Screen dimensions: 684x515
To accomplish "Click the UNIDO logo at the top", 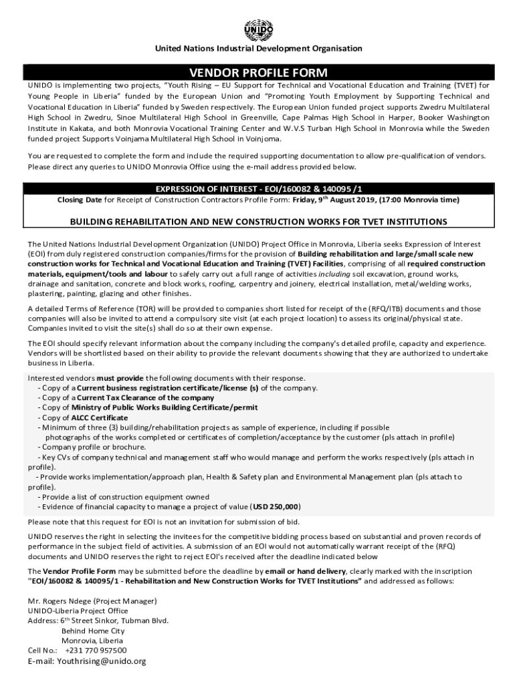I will tap(258, 29).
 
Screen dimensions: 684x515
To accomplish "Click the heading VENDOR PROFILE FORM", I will tap(258, 72).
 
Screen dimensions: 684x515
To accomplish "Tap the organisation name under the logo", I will tap(258, 49).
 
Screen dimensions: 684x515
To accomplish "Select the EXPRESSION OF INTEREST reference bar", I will tap(258, 188).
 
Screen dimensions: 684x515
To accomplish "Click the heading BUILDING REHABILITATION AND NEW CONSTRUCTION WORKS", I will tap(258, 222).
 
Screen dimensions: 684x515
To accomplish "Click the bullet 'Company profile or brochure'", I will tap(83, 447).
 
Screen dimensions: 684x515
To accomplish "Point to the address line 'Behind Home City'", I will tap(93, 630).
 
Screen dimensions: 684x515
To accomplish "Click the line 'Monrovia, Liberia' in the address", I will tap(92, 640).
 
